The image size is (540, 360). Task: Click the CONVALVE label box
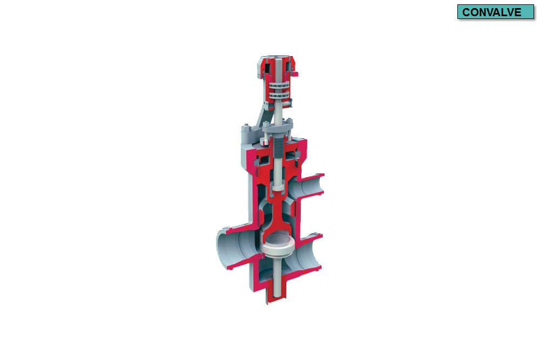coord(495,12)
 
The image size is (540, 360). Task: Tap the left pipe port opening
coord(227,249)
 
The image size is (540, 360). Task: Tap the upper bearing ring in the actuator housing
coord(280,86)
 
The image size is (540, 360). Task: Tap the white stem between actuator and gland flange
coord(278,113)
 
